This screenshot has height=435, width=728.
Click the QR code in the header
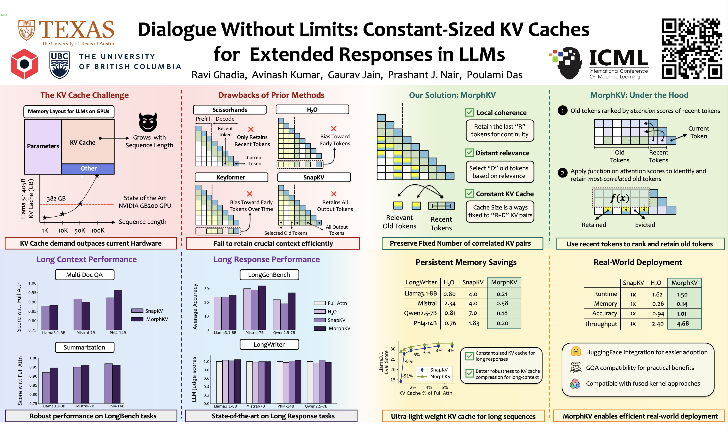[x=692, y=49]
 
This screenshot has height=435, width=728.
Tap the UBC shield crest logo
[x=60, y=65]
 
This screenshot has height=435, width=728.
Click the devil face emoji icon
[x=148, y=122]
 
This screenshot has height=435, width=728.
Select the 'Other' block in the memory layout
[x=88, y=169]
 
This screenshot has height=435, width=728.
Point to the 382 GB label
[x=56, y=198]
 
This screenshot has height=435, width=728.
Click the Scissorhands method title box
[x=230, y=110]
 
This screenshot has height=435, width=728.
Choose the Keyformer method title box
[x=231, y=177]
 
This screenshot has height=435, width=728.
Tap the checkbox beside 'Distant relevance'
[x=469, y=153]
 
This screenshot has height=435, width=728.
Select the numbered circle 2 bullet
[x=562, y=173]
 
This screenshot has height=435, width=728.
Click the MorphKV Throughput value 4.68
[x=683, y=324]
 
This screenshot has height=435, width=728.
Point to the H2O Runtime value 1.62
[x=657, y=294]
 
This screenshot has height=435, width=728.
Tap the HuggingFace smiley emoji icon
[x=576, y=351]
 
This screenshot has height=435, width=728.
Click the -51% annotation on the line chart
[x=408, y=376]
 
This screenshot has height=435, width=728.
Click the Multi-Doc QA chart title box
[x=84, y=275]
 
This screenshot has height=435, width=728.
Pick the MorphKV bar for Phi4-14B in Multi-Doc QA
[x=118, y=310]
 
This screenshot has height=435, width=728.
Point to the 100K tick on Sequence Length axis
[x=98, y=231]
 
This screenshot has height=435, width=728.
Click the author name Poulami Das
[x=494, y=75]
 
